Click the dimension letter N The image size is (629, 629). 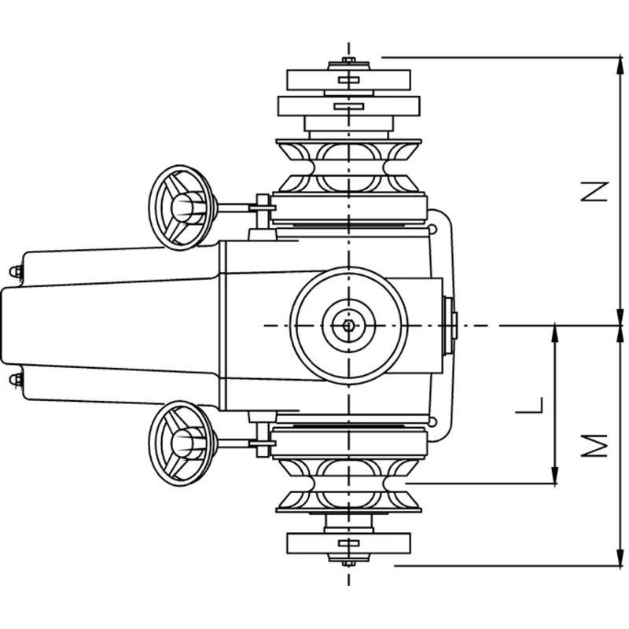[600, 191]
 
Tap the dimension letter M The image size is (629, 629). [600, 444]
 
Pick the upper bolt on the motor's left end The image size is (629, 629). [15, 271]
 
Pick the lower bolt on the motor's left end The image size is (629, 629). [15, 381]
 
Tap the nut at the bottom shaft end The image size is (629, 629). [348, 561]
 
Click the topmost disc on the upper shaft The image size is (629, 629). [348, 79]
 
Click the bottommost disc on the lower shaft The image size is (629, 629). [348, 543]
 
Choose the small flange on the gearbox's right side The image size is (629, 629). [451, 325]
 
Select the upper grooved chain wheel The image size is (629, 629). [348, 166]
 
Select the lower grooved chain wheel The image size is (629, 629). [348, 485]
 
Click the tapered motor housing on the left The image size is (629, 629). [110, 325]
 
